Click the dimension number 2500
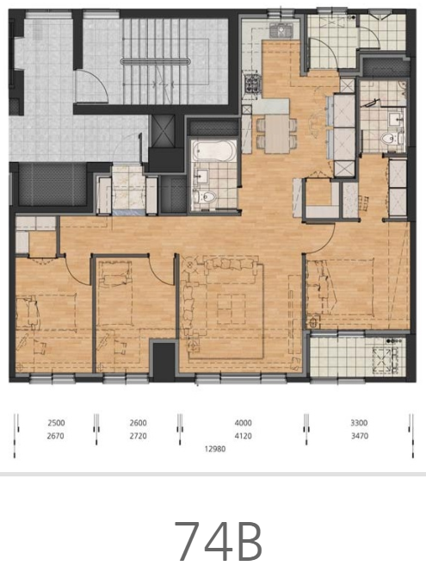pyautogui.click(x=56, y=423)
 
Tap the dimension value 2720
pyautogui.click(x=138, y=436)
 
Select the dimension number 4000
pyautogui.click(x=243, y=423)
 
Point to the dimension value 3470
pyautogui.click(x=360, y=436)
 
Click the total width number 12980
pyautogui.click(x=215, y=449)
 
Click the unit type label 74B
pyautogui.click(x=219, y=541)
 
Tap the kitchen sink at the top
pyautogui.click(x=281, y=29)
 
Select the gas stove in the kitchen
pyautogui.click(x=252, y=84)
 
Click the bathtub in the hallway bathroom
pyautogui.click(x=213, y=151)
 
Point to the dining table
pyautogui.click(x=277, y=134)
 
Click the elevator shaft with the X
pyautogui.click(x=162, y=131)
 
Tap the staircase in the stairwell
pyautogui.click(x=155, y=60)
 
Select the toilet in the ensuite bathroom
pyautogui.click(x=390, y=138)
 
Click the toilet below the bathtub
pyautogui.click(x=205, y=197)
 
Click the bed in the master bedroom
pyautogui.click(x=340, y=287)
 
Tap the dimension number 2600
pyautogui.click(x=138, y=423)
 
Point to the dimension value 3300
pyautogui.click(x=360, y=423)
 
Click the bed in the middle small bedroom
pyautogui.click(x=115, y=293)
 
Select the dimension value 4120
pyautogui.click(x=243, y=436)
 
